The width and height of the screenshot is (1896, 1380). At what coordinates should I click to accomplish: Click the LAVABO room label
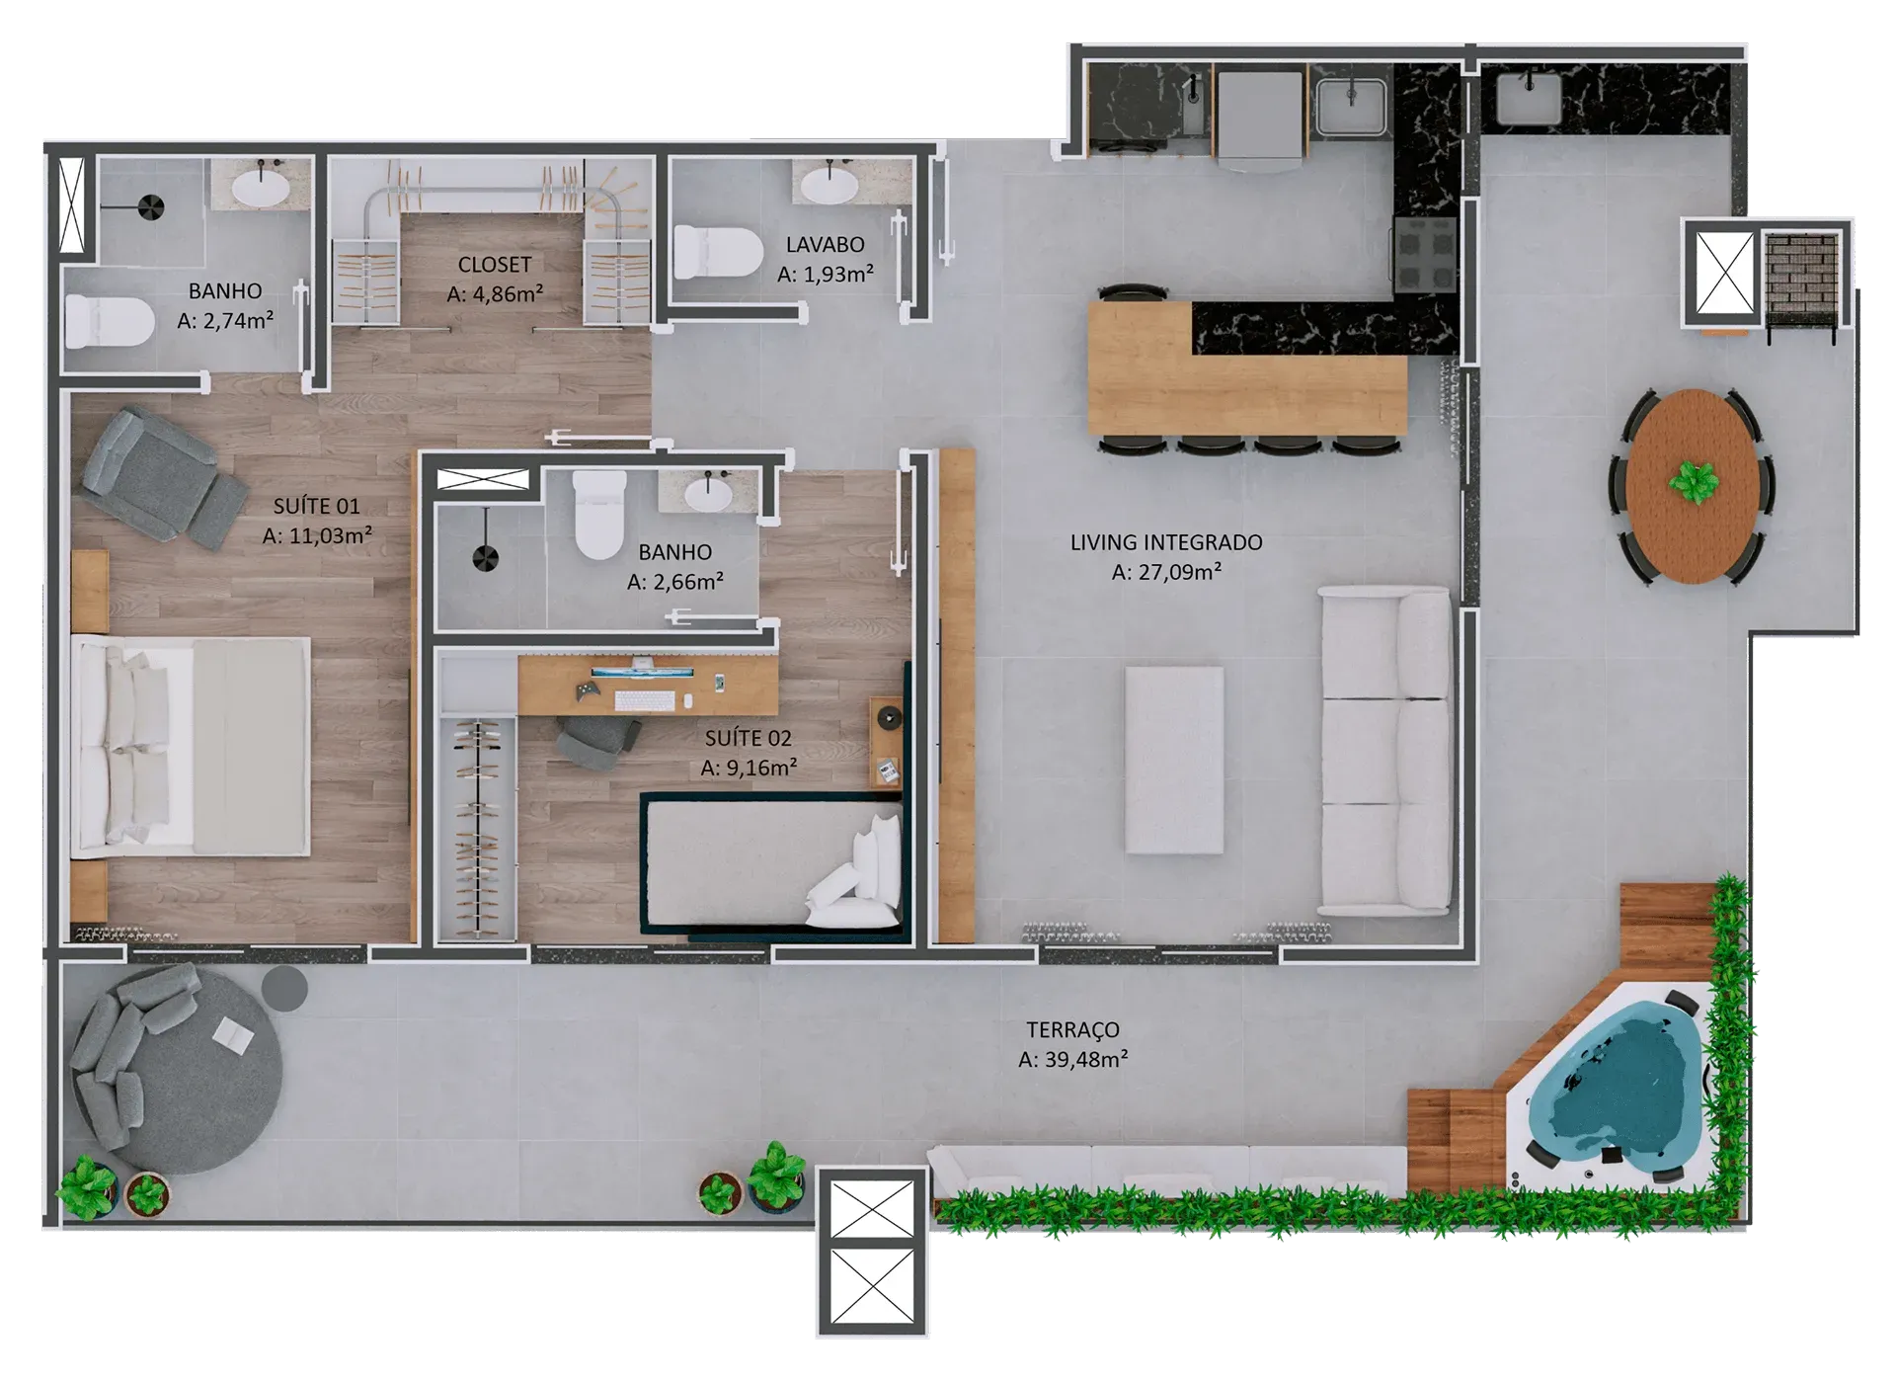[825, 244]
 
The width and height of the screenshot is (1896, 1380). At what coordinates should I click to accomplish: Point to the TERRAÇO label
[1072, 1029]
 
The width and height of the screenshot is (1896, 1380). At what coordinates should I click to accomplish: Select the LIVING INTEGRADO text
[1166, 542]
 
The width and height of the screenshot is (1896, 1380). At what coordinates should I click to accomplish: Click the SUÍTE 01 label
[316, 506]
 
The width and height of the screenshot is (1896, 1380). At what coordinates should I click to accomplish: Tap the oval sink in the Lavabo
[829, 184]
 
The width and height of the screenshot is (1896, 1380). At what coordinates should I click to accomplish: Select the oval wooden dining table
[1693, 485]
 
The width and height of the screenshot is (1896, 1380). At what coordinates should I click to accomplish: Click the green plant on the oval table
[1695, 483]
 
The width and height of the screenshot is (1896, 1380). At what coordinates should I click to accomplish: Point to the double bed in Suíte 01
[192, 746]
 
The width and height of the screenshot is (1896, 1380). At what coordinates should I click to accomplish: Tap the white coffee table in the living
[1174, 760]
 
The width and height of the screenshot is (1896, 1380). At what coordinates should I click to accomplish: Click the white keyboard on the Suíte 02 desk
[645, 700]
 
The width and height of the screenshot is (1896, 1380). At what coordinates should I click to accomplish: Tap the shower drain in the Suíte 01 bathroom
[150, 208]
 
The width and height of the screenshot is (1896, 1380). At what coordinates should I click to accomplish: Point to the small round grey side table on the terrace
[284, 988]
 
